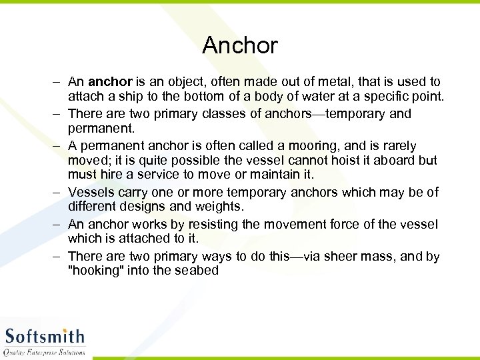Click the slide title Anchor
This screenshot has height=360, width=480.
pyautogui.click(x=239, y=45)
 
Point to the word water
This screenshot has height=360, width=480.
pyautogui.click(x=317, y=97)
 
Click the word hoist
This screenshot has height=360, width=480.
pyautogui.click(x=337, y=161)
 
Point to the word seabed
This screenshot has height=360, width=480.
pyautogui.click(x=197, y=271)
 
